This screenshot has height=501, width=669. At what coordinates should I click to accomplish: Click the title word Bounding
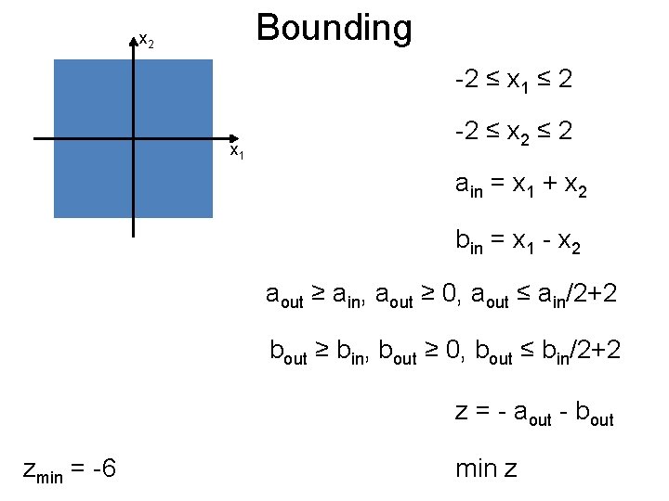point(334,29)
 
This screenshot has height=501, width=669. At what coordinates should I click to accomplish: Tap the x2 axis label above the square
point(146,41)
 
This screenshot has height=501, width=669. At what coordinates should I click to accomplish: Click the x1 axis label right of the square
point(237,150)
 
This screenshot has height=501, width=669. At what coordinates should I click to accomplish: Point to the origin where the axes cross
point(133,139)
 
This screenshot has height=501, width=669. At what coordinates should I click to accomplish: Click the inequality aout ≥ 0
point(415,296)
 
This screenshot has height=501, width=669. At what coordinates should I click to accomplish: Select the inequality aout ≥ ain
point(315,296)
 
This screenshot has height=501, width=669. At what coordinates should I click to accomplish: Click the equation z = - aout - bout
point(534,413)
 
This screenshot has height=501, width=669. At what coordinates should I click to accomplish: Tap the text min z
point(486,469)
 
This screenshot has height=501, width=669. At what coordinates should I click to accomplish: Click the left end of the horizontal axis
point(35,139)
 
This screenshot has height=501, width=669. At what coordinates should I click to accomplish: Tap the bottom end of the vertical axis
point(133,236)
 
